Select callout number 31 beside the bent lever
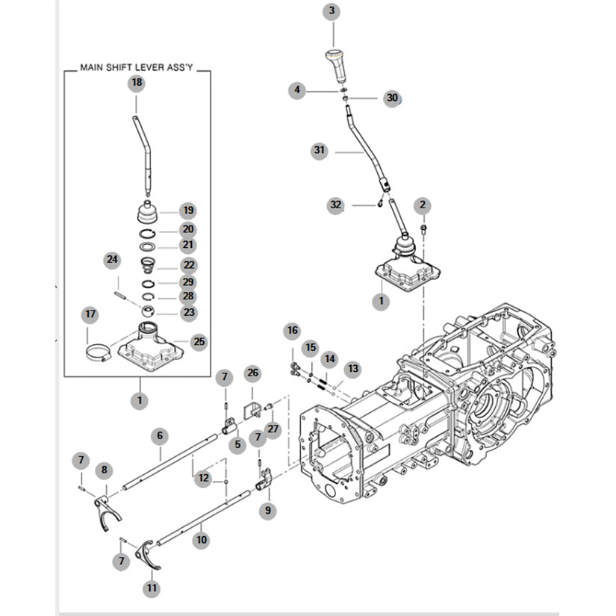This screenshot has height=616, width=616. [x=320, y=150]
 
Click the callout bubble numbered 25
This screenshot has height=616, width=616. [x=199, y=342]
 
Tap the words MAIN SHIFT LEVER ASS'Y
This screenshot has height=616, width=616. [x=136, y=69]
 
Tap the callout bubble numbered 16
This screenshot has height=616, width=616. [x=291, y=331]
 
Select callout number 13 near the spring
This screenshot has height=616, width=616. [x=352, y=368]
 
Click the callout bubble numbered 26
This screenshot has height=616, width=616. [x=252, y=372]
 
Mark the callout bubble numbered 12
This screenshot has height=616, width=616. [x=203, y=479]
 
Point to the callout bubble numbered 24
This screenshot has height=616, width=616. [x=112, y=260]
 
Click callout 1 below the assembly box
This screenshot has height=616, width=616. [x=139, y=400]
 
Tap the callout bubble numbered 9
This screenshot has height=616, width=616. [x=267, y=511]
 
